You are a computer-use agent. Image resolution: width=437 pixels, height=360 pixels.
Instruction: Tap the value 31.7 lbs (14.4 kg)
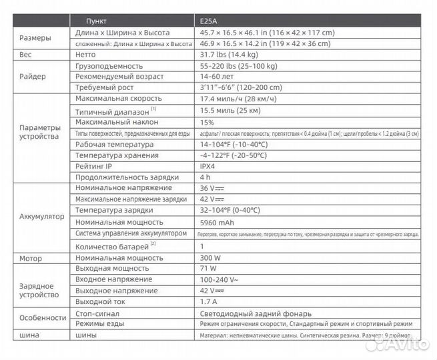230,55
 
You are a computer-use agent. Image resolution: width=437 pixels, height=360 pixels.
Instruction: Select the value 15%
207,122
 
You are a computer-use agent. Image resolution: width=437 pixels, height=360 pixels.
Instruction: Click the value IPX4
209,167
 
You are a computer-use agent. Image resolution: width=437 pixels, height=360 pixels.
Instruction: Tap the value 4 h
205,177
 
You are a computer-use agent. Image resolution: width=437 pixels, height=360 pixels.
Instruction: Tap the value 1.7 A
208,301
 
